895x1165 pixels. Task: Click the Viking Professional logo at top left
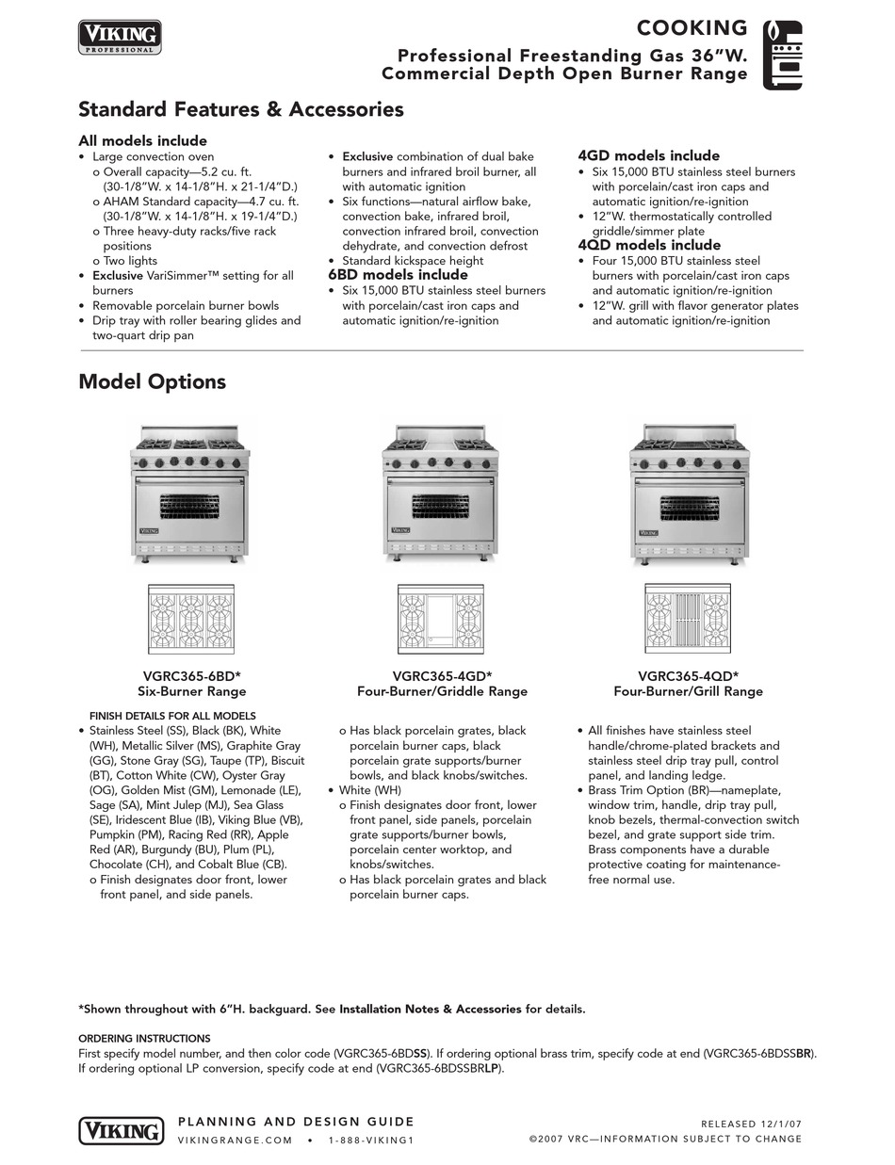coord(119,37)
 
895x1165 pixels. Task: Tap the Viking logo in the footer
coord(119,1129)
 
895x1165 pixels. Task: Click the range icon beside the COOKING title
coord(782,55)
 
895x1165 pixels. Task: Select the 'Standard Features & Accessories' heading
coord(240,109)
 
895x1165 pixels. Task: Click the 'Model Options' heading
coord(152,381)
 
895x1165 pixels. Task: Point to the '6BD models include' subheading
coord(398,275)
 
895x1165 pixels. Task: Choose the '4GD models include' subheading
coord(648,155)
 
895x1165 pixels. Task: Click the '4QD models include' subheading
coord(649,245)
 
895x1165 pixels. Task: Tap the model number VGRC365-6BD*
coord(192,675)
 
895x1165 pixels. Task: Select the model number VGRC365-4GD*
coord(442,675)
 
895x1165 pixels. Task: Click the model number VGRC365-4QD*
coord(688,675)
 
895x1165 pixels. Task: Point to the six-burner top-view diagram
coord(192,619)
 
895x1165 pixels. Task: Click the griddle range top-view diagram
coord(441,619)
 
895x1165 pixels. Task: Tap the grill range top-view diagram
coord(688,619)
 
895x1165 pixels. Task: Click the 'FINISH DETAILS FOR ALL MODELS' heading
coord(172,716)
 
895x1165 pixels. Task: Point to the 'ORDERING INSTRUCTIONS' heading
coord(144,1038)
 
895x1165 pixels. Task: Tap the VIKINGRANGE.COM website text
coord(236,1140)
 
